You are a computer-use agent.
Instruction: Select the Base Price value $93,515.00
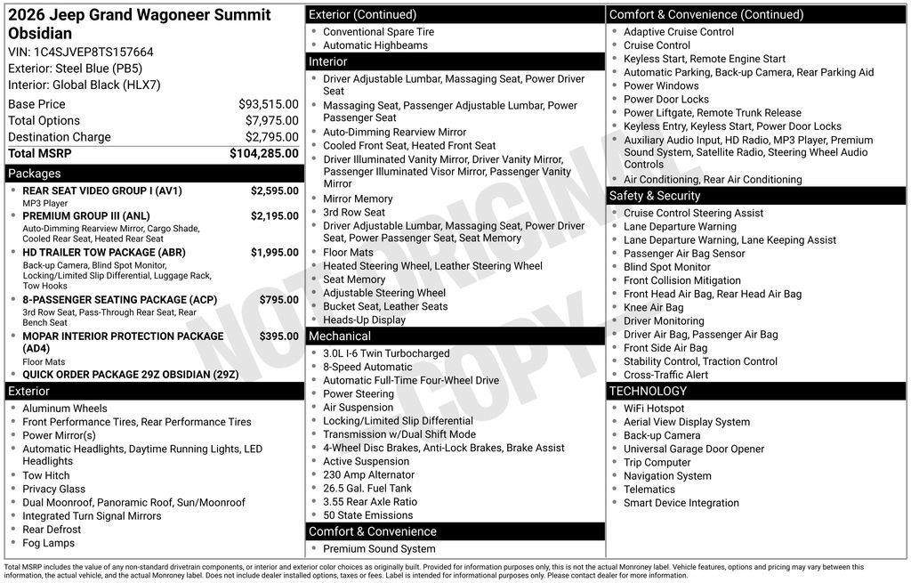(268, 104)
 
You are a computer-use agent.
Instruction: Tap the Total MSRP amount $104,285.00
(263, 153)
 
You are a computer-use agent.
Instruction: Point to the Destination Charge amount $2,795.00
(271, 137)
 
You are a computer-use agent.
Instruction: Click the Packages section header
(35, 174)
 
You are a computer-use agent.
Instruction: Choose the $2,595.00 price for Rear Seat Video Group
(274, 190)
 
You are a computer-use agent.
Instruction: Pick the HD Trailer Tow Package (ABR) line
(103, 253)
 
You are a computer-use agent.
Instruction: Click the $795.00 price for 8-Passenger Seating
(278, 300)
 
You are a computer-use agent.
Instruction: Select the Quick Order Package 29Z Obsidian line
(130, 375)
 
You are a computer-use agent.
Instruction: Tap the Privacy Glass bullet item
(54, 489)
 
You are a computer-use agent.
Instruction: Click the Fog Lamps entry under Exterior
(49, 543)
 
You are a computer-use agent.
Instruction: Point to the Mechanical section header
(339, 336)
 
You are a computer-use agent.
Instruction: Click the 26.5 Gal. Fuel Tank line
(367, 489)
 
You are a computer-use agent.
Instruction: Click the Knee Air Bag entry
(653, 308)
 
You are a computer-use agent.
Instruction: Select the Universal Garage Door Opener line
(693, 449)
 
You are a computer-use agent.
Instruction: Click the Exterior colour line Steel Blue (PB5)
(75, 69)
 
